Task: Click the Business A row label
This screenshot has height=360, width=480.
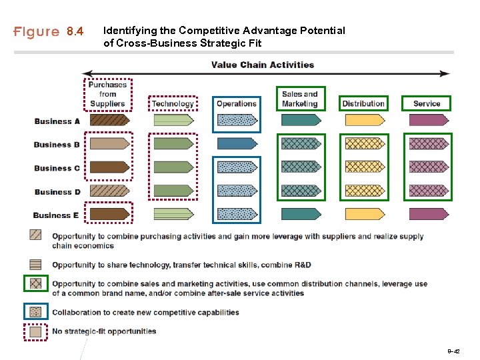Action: (57, 121)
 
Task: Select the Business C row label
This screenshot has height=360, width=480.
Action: (57, 168)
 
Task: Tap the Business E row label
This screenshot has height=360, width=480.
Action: (57, 215)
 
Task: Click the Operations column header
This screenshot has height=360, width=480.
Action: (237, 103)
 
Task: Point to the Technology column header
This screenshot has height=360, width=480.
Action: (173, 103)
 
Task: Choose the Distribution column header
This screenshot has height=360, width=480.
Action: (363, 103)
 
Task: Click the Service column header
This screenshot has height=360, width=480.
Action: (427, 103)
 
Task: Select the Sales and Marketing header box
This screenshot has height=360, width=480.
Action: (300, 99)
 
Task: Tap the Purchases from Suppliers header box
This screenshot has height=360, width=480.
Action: (108, 94)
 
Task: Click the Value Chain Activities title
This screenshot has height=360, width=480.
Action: (263, 65)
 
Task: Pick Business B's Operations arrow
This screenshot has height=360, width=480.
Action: (237, 143)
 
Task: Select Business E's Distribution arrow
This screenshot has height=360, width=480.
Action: (364, 214)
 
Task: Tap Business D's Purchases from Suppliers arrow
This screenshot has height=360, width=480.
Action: (109, 191)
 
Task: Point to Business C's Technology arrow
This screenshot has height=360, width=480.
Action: (173, 167)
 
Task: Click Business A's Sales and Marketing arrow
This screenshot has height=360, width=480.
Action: (301, 120)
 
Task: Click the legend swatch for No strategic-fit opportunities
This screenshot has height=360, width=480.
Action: (36, 331)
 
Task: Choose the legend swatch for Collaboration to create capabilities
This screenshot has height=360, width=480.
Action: (36, 311)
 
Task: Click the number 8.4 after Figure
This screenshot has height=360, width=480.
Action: (75, 31)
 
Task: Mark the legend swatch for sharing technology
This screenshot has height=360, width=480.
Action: (36, 265)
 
